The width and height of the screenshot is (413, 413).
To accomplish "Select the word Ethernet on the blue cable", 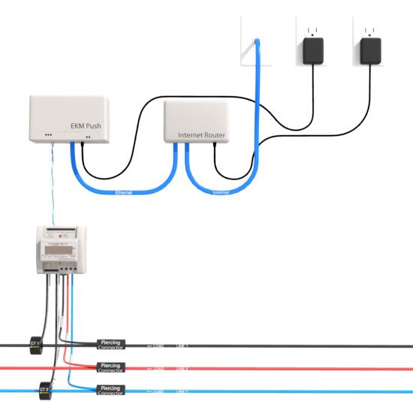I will coord(125,193).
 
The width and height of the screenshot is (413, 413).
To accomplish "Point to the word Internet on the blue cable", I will coord(221,192).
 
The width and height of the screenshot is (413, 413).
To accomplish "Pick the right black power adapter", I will coord(368,50).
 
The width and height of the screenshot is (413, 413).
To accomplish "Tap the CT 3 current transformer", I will coord(44,390).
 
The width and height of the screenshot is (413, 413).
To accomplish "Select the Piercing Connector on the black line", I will coord(111,344).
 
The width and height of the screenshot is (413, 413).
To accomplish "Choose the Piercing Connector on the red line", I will coord(111,367).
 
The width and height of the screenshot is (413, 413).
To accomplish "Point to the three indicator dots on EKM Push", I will coord(49,137).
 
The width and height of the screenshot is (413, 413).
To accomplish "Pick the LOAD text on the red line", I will coord(158,369).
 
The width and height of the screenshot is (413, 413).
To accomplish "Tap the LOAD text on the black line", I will coord(158,345).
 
